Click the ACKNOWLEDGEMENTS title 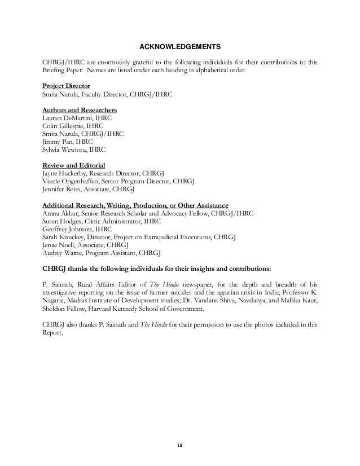point(179,46)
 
